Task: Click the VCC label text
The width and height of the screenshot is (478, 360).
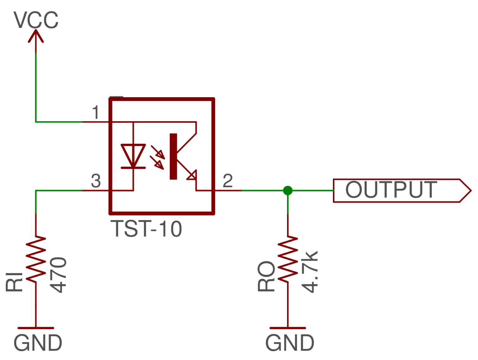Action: (36, 20)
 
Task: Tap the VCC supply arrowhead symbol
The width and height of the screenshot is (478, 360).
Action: (36, 36)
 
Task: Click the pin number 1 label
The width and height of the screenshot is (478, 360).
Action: (96, 113)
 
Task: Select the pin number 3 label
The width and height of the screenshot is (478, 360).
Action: (96, 181)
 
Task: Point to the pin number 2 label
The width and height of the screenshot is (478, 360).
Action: (228, 181)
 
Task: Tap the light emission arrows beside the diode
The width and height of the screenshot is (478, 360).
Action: (157, 157)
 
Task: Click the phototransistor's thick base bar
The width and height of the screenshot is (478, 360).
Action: (173, 156)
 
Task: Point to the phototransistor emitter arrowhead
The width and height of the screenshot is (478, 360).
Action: (192, 175)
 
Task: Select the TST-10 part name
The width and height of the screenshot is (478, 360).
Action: (146, 229)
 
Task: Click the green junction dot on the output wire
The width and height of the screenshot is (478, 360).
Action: (288, 191)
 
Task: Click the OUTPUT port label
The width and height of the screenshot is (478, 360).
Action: (392, 190)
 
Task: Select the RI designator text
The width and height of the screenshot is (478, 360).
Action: (15, 281)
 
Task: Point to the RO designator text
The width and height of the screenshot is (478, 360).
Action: (266, 276)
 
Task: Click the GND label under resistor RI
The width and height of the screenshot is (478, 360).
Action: (38, 343)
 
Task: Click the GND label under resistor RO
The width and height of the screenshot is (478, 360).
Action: (290, 343)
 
